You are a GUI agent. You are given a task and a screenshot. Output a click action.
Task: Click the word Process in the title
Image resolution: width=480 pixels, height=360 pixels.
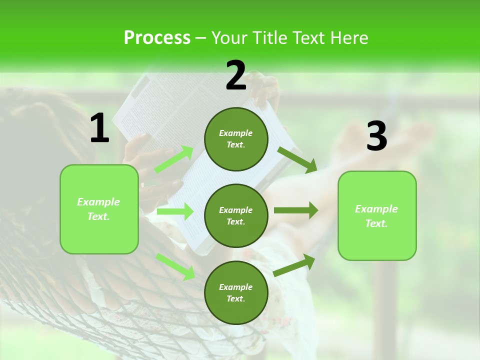[157, 38]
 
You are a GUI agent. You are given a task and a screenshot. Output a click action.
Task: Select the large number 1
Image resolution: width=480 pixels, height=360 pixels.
[99, 128]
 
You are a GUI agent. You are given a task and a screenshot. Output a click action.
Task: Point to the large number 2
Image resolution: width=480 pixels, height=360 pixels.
[236, 75]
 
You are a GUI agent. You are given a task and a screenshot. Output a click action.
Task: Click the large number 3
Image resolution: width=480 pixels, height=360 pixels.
[376, 136]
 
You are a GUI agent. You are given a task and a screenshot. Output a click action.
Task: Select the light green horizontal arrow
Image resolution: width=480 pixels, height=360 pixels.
[175, 211]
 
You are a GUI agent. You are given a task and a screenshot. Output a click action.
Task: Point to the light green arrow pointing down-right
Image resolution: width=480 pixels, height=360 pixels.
[175, 266]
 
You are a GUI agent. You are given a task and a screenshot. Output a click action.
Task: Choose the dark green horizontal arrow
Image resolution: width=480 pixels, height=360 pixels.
[295, 210]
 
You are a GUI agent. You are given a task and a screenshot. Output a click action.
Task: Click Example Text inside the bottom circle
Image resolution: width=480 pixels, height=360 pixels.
[236, 292]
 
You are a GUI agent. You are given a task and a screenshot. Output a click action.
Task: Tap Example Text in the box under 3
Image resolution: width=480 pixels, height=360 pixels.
[376, 216]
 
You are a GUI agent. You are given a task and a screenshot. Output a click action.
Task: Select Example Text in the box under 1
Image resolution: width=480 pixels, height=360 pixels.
[98, 209]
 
